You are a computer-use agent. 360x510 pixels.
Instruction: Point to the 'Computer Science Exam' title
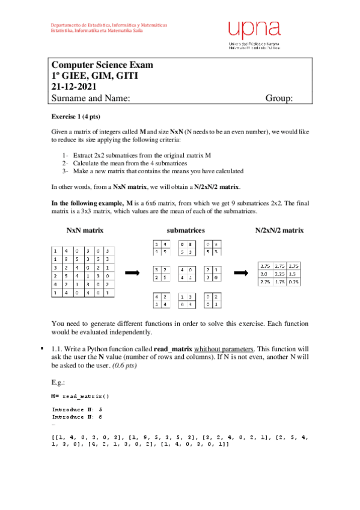pos(102,65)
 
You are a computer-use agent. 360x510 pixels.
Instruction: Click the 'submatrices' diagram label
pos(186,230)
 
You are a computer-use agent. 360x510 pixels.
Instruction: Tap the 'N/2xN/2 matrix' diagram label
pos(279,230)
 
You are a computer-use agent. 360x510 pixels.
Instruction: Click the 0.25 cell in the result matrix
pos(293,282)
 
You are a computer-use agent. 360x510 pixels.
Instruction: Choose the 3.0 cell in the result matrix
pos(263,274)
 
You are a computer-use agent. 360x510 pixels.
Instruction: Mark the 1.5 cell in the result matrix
pos(293,274)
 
